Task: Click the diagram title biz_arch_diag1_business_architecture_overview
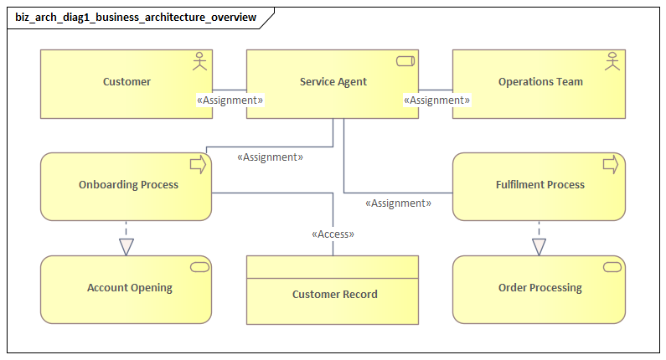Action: (x=136, y=18)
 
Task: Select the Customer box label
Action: (x=126, y=82)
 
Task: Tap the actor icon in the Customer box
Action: (x=199, y=63)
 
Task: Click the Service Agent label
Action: (x=333, y=82)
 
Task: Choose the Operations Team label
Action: (x=540, y=82)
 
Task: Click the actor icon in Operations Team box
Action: (x=612, y=63)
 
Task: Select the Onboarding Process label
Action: (x=128, y=185)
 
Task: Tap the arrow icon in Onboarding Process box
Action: (x=198, y=165)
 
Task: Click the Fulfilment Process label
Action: (x=540, y=185)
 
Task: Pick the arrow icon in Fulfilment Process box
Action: (x=611, y=165)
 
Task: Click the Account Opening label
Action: (x=130, y=288)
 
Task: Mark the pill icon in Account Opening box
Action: (x=199, y=267)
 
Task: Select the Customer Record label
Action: (x=334, y=295)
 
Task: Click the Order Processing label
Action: (x=540, y=288)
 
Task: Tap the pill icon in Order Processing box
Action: (x=612, y=267)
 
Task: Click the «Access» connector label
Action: (x=333, y=234)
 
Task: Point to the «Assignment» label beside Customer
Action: (x=230, y=100)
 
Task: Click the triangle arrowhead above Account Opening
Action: (x=126, y=246)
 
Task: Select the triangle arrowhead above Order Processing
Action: (x=539, y=246)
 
